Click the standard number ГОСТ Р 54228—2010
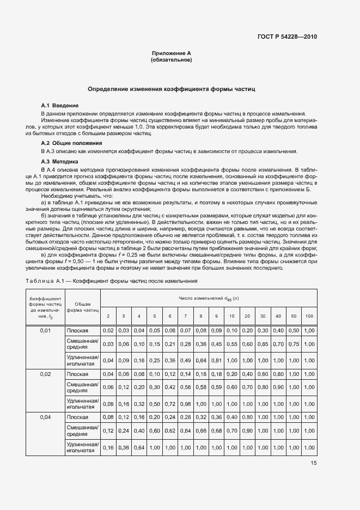coord(287,37)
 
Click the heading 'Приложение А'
coord(171,53)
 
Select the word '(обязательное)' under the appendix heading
coord(171,60)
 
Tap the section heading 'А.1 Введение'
coord(60,105)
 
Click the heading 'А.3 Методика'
coord(60,162)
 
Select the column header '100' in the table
coord(309,316)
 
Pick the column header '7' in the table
coord(185,316)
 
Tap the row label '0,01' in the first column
coord(45,331)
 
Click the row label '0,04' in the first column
coord(45,417)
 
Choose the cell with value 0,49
coord(185,360)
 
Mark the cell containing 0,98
coord(185,404)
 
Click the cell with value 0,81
coord(216,360)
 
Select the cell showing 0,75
coord(294,344)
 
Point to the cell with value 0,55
coord(231,344)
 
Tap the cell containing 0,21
coord(170,344)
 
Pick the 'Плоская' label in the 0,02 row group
coord(77,374)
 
